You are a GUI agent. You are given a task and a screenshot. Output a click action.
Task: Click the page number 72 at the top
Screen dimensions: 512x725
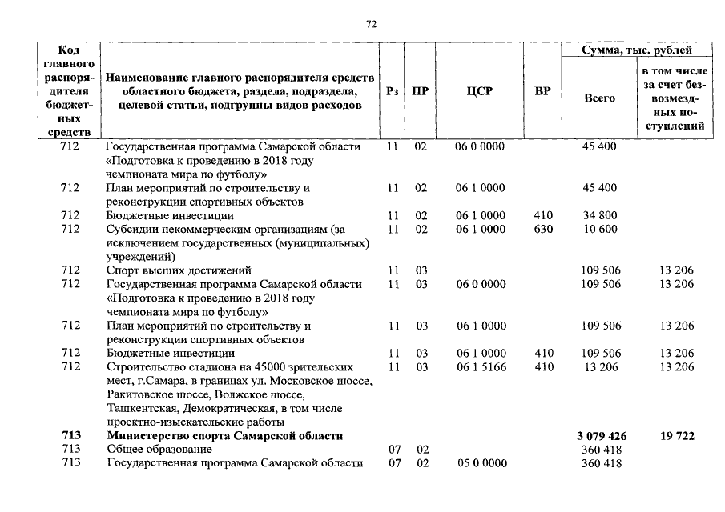371,24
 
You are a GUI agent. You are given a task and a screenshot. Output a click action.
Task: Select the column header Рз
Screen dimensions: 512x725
392,91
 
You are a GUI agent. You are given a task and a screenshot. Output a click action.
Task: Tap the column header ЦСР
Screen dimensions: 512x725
479,91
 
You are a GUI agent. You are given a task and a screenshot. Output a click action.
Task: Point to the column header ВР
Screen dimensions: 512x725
542,91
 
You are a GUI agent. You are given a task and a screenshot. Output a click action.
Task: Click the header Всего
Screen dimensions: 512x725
600,98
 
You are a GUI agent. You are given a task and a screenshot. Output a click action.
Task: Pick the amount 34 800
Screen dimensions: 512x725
599,216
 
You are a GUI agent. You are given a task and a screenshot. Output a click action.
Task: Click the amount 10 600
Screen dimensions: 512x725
599,229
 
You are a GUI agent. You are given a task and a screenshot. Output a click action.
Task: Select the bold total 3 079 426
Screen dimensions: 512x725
601,436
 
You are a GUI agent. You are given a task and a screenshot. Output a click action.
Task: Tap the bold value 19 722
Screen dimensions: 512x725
677,436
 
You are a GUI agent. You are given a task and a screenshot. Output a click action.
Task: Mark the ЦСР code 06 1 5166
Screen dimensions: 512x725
480,367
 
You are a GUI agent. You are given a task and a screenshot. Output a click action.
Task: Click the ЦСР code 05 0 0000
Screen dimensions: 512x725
480,463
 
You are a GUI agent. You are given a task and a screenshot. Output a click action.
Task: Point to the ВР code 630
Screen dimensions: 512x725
542,229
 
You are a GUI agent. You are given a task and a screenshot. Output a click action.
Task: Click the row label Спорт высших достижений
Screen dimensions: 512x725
179,270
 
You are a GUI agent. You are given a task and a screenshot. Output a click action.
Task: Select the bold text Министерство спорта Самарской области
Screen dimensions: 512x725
225,436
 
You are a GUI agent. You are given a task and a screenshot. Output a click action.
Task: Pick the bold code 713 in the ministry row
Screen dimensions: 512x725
70,436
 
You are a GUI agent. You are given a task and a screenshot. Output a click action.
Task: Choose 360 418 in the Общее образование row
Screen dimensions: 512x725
600,450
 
